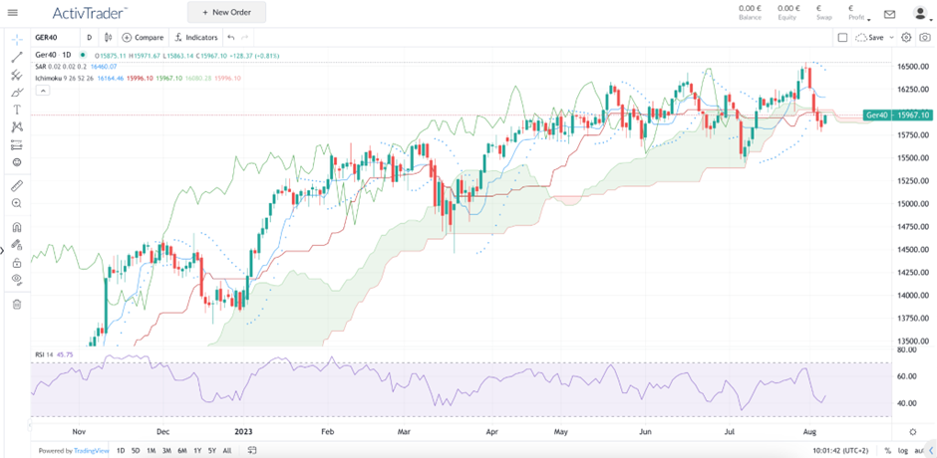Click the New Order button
tap(226, 12)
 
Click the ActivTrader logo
tap(89, 12)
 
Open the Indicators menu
tap(195, 37)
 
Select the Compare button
tap(143, 37)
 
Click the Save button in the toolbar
tap(870, 37)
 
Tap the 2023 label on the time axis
tap(244, 432)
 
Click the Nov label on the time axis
tap(80, 432)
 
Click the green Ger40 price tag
tap(890, 115)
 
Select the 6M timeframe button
tap(182, 451)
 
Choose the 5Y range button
tap(212, 451)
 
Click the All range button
tap(227, 451)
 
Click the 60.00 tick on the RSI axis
tap(906, 376)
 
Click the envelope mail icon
tap(889, 14)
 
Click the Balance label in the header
tap(750, 18)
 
